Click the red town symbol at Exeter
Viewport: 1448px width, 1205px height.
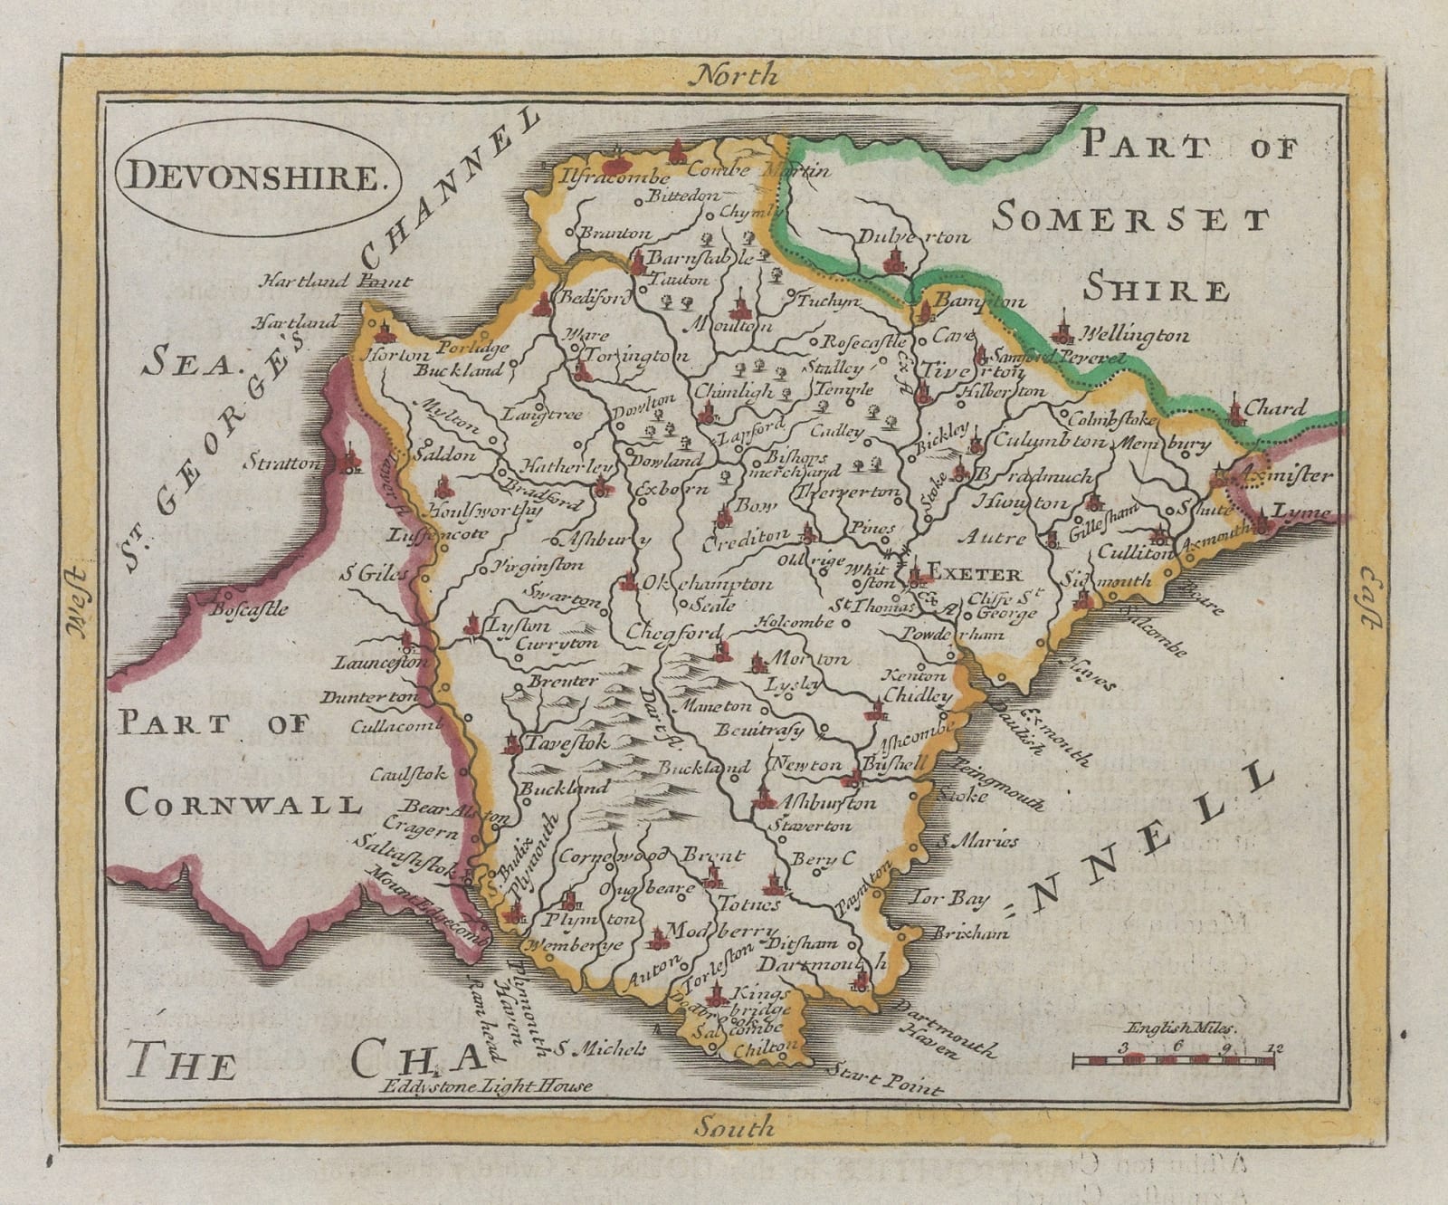pos(918,572)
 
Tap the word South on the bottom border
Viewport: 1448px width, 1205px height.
pos(735,1127)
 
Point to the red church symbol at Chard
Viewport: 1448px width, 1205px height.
pos(1236,409)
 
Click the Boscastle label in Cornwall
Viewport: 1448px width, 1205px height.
pos(248,608)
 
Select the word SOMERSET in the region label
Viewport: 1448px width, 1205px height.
pos(1131,218)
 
